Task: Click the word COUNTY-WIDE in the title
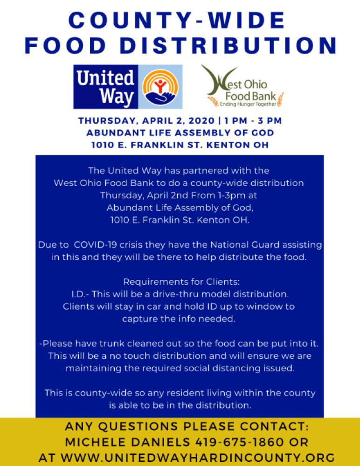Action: (176, 20)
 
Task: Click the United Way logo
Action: (127, 86)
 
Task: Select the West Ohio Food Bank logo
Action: (242, 86)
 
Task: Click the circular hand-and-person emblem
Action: (160, 86)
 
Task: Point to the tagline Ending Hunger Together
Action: (248, 103)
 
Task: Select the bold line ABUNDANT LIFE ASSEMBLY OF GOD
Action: (180, 132)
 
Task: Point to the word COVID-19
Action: (95, 244)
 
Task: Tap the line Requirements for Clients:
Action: (180, 282)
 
